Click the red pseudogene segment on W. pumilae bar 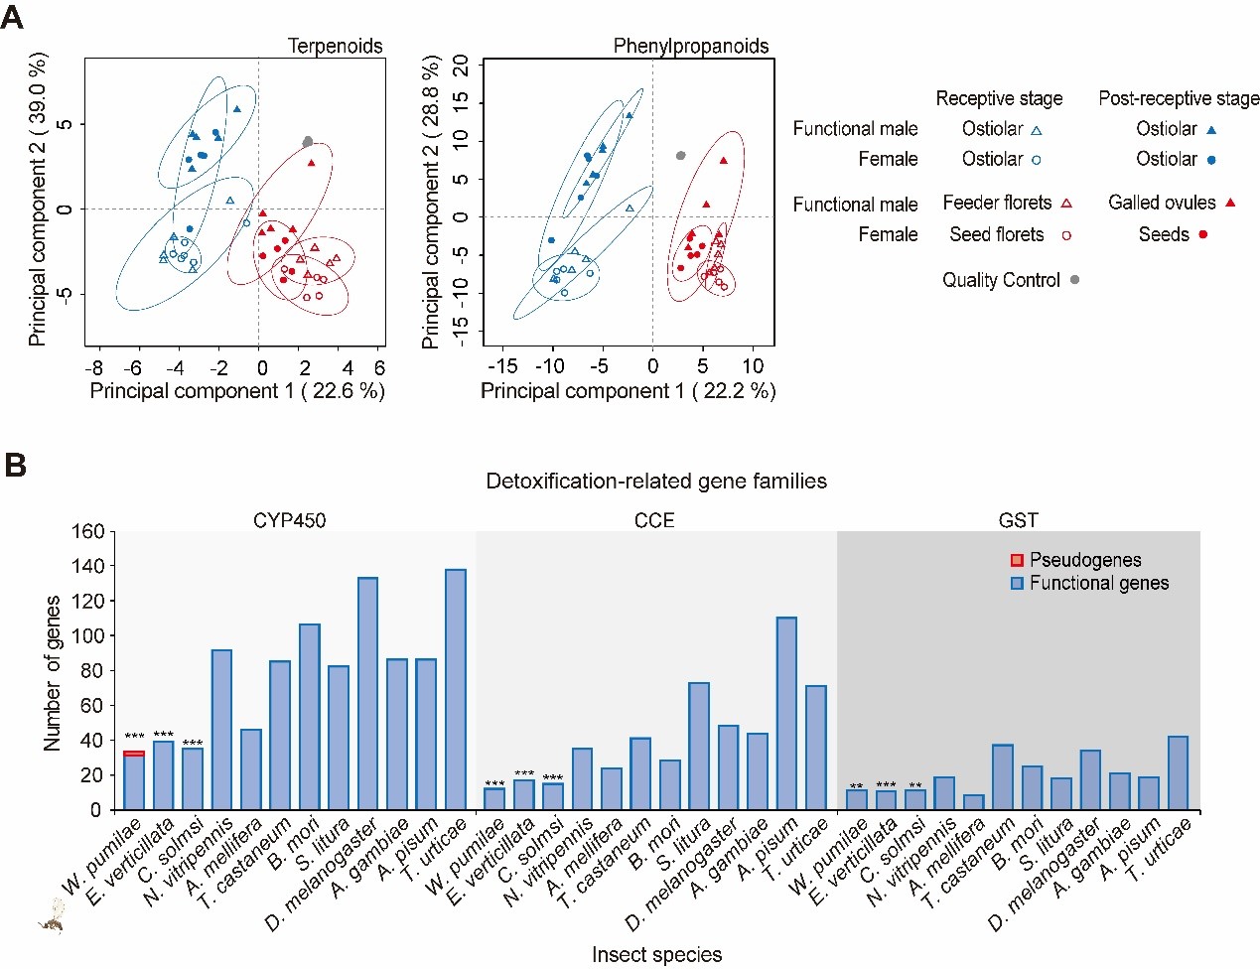[x=134, y=754]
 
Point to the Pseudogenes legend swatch [x=1017, y=561]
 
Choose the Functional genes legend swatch [x=1017, y=584]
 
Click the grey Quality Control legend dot [x=1074, y=280]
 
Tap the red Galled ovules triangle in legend [x=1230, y=203]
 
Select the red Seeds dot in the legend [x=1203, y=234]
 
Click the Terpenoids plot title [x=335, y=46]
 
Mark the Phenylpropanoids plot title [x=691, y=46]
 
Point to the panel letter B [x=15, y=465]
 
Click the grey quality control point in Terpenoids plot [x=308, y=142]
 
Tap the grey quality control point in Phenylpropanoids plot [x=681, y=156]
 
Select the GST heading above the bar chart [x=1018, y=520]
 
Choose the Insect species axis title [x=656, y=954]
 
